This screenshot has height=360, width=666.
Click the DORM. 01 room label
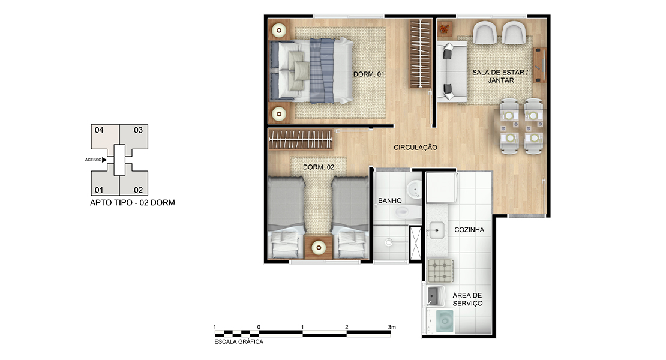368,74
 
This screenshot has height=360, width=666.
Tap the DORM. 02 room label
319,167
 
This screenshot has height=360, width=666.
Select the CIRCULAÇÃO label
415,148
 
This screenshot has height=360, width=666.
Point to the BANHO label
390,200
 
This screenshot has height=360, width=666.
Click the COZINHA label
469,230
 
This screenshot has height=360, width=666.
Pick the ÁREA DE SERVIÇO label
467,299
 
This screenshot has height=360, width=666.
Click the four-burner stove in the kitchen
440,271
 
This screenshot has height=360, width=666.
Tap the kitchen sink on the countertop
436,230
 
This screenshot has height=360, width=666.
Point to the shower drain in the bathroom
388,242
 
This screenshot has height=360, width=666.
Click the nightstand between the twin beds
318,246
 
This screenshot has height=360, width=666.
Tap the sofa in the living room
452,71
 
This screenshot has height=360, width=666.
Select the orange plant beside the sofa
444,29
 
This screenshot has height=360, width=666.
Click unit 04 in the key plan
104,136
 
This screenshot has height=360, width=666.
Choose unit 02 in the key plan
134,183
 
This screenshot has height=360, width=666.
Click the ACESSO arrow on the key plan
104,160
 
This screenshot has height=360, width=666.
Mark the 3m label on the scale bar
392,327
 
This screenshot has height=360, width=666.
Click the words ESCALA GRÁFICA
239,341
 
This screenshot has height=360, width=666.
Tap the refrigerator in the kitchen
441,187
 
